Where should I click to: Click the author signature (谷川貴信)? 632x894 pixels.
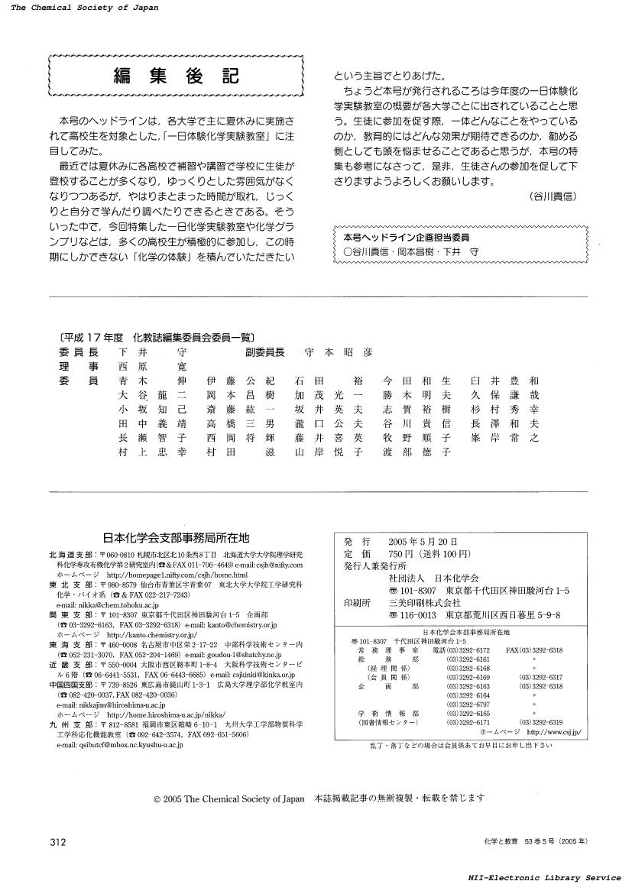pos(552,196)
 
